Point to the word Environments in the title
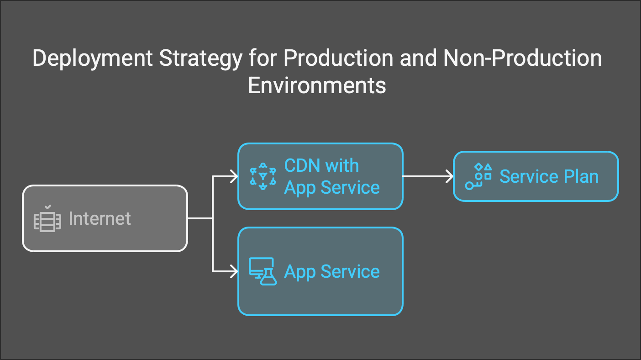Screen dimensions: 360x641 point(317,85)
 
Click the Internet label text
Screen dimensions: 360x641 point(100,218)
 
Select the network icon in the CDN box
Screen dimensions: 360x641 point(263,176)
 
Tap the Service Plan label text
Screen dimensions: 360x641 point(548,176)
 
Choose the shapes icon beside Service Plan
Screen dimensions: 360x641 point(478,176)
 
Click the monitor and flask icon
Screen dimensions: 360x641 point(263,272)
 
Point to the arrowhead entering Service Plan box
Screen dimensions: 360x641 point(449,176)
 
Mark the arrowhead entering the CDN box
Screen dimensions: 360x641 point(234,176)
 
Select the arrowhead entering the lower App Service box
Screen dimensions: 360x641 point(234,272)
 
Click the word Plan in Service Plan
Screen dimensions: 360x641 point(580,176)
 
